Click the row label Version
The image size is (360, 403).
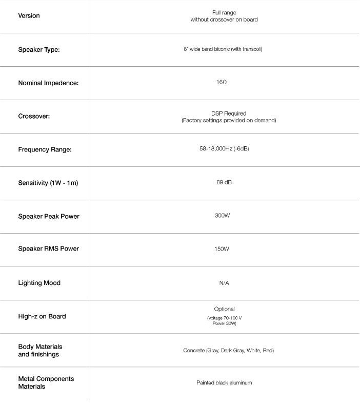(x=29, y=16)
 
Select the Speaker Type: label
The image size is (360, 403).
(x=42, y=49)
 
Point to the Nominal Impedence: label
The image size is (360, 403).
(x=48, y=83)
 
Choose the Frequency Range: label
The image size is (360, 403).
(x=45, y=149)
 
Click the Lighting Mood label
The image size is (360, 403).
(x=39, y=283)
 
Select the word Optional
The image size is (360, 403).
(x=224, y=309)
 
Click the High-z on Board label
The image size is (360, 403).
(x=42, y=316)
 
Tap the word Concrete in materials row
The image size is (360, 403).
(x=194, y=351)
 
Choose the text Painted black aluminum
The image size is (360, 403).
(x=224, y=383)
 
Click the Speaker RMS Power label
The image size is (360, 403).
(x=49, y=250)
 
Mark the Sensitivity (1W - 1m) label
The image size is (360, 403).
(x=48, y=183)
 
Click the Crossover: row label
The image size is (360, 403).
(x=34, y=116)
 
